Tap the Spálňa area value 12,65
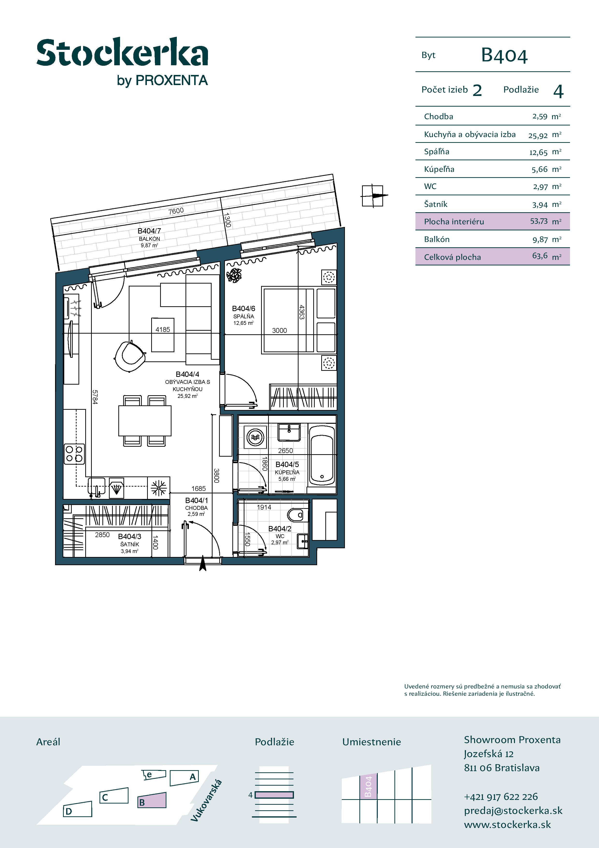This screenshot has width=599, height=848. coord(538,152)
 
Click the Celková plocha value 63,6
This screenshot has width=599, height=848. coord(540,256)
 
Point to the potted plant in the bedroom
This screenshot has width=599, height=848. coord(234,275)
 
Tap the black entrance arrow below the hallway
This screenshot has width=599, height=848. coord(203,564)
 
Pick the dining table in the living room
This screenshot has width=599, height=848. coord(145,421)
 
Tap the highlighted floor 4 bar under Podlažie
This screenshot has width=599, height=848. coord(274,795)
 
